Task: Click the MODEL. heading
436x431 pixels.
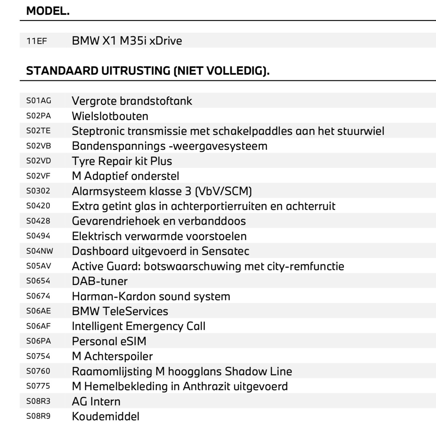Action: [48, 11]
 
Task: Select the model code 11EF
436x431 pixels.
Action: [37, 41]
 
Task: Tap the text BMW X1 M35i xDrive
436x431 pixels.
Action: [127, 41]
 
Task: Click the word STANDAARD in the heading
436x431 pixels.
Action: [62, 71]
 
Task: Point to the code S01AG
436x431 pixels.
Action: [39, 101]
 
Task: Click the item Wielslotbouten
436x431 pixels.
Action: [110, 116]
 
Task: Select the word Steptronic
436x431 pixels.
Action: [98, 131]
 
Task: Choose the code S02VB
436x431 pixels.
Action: [39, 146]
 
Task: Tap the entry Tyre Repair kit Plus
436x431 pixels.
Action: [122, 161]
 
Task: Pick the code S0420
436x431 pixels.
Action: [38, 206]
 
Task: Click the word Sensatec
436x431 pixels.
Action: [226, 251]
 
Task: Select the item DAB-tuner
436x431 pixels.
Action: [100, 281]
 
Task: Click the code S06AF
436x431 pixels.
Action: [39, 326]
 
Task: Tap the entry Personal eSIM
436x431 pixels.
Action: [109, 341]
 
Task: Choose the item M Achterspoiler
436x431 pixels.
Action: [112, 356]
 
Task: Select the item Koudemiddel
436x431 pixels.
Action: [106, 416]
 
